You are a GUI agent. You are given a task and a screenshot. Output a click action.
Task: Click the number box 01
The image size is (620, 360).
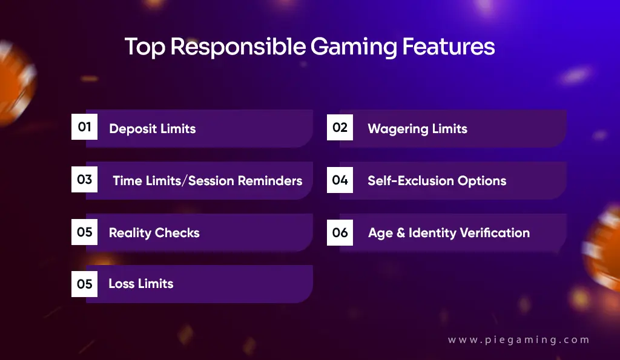(x=85, y=127)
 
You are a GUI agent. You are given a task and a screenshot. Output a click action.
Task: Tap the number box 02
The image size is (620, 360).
(x=340, y=127)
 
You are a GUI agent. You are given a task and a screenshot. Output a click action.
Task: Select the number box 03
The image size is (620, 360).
(x=85, y=180)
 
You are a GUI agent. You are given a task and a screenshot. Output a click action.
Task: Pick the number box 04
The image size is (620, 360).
(x=340, y=180)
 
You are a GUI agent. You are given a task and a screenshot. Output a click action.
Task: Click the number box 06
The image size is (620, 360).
(x=340, y=232)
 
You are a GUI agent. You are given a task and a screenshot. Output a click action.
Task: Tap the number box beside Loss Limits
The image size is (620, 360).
(x=85, y=284)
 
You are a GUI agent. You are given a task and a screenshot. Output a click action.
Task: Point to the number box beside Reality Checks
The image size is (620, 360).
(x=85, y=232)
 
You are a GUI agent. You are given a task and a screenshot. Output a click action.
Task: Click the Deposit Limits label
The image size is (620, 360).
(x=152, y=128)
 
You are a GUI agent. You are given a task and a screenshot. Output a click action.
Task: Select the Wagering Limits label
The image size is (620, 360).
(x=417, y=128)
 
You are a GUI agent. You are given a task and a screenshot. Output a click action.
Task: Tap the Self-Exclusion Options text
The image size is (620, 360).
(x=437, y=180)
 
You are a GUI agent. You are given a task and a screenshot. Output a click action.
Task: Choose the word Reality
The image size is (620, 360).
(x=130, y=233)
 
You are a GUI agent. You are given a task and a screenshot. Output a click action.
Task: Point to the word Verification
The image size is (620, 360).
(x=495, y=233)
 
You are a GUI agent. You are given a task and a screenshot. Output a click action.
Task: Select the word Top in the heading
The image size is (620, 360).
(x=144, y=47)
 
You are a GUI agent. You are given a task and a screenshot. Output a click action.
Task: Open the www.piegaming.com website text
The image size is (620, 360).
(x=518, y=340)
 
